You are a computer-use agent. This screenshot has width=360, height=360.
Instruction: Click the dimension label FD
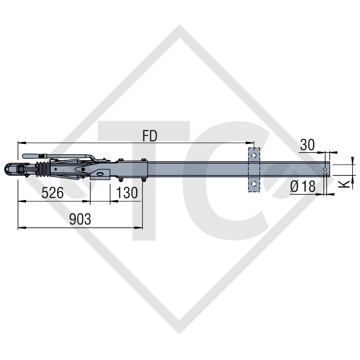(x=150, y=136)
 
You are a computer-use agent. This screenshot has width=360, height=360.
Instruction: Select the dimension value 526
(x=52, y=193)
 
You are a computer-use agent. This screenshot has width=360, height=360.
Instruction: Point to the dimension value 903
(x=80, y=219)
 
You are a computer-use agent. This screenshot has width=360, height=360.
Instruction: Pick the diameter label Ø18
(x=303, y=186)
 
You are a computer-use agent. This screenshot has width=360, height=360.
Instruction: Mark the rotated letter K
(x=346, y=183)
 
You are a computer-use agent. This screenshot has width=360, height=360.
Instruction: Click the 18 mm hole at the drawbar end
(x=325, y=169)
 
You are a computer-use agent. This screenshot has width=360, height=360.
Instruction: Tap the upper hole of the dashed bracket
(x=254, y=155)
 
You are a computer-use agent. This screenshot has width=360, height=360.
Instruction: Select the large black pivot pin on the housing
(x=83, y=169)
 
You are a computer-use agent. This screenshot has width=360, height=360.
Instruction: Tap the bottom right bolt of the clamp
(x=143, y=181)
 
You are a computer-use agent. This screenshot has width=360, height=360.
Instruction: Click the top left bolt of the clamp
(x=121, y=160)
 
